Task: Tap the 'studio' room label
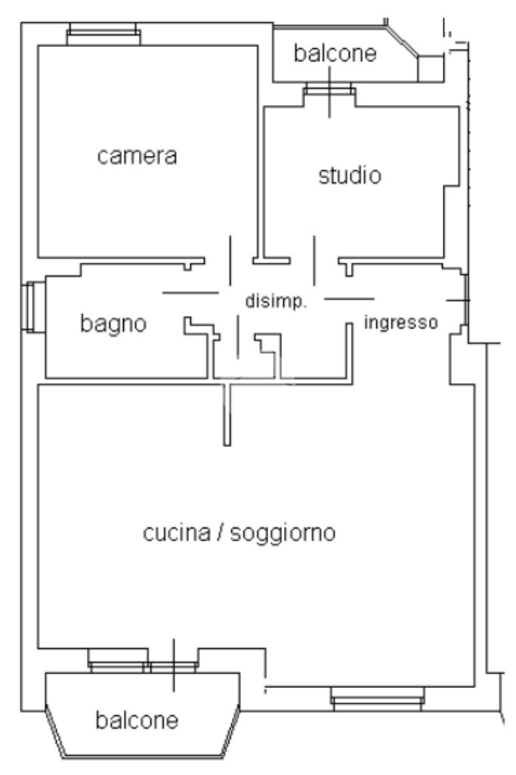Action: [x=350, y=176]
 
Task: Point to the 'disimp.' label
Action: [x=275, y=301]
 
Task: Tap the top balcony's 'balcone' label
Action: [x=335, y=54]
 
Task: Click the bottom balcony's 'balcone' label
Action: [x=137, y=721]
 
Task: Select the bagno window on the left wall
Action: [x=29, y=308]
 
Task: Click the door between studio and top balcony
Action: [x=329, y=91]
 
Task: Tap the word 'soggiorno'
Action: [x=290, y=533]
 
